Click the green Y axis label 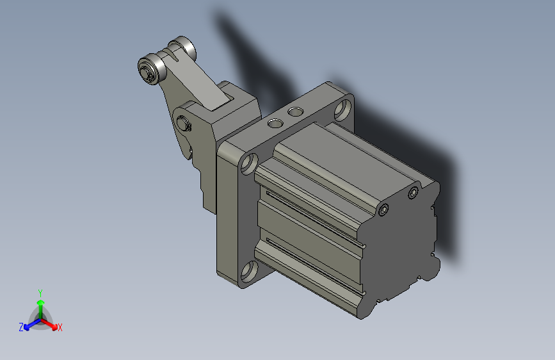pos(40,291)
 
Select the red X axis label pos(60,328)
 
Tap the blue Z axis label pos(21,327)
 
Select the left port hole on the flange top pos(275,121)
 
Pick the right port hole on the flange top pos(295,112)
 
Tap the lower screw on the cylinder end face pos(383,210)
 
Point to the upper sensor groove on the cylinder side pos(314,205)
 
